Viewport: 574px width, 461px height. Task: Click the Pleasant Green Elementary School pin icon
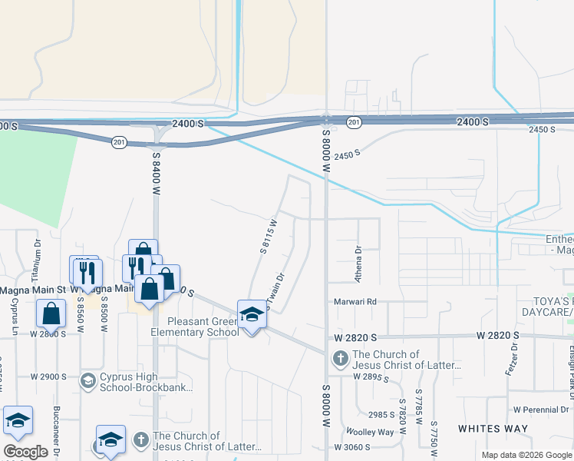pos(252,314)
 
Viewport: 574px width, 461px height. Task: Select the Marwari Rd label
pos(355,301)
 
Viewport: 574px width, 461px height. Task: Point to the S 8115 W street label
pos(268,236)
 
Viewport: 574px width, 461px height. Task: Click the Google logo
pos(25,452)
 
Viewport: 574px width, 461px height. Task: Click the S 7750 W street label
pos(434,436)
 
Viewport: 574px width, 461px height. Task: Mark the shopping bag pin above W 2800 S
pos(51,313)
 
